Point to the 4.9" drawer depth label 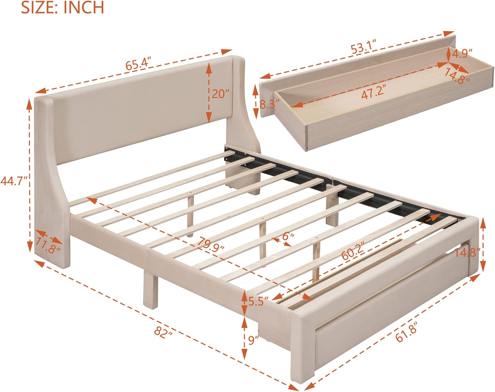point(462,54)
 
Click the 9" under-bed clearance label point(253,340)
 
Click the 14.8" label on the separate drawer point(457,76)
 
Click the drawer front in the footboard point(389,297)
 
